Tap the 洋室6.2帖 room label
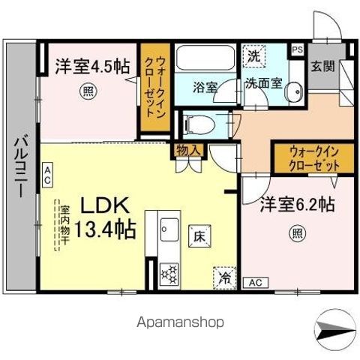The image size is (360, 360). (297, 205)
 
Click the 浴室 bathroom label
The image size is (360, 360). (205, 86)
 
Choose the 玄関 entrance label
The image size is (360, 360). (323, 65)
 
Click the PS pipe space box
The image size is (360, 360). (298, 50)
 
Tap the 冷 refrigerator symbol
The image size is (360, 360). (223, 277)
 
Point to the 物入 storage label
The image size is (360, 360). (189, 150)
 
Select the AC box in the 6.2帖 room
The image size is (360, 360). (254, 283)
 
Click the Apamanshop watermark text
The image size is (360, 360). (180, 322)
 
